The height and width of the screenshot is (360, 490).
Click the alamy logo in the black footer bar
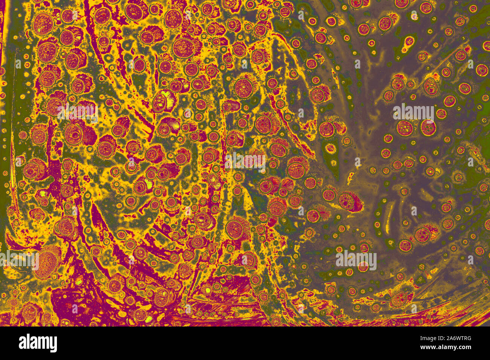click(38, 343)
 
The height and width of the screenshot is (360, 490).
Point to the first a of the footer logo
click(23, 343)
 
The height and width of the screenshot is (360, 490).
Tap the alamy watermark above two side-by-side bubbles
click(413, 113)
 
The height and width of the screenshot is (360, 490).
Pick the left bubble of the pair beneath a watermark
click(404, 128)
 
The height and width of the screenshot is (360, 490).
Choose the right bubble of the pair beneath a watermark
click(428, 128)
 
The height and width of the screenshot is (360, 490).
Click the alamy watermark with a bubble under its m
click(356, 260)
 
